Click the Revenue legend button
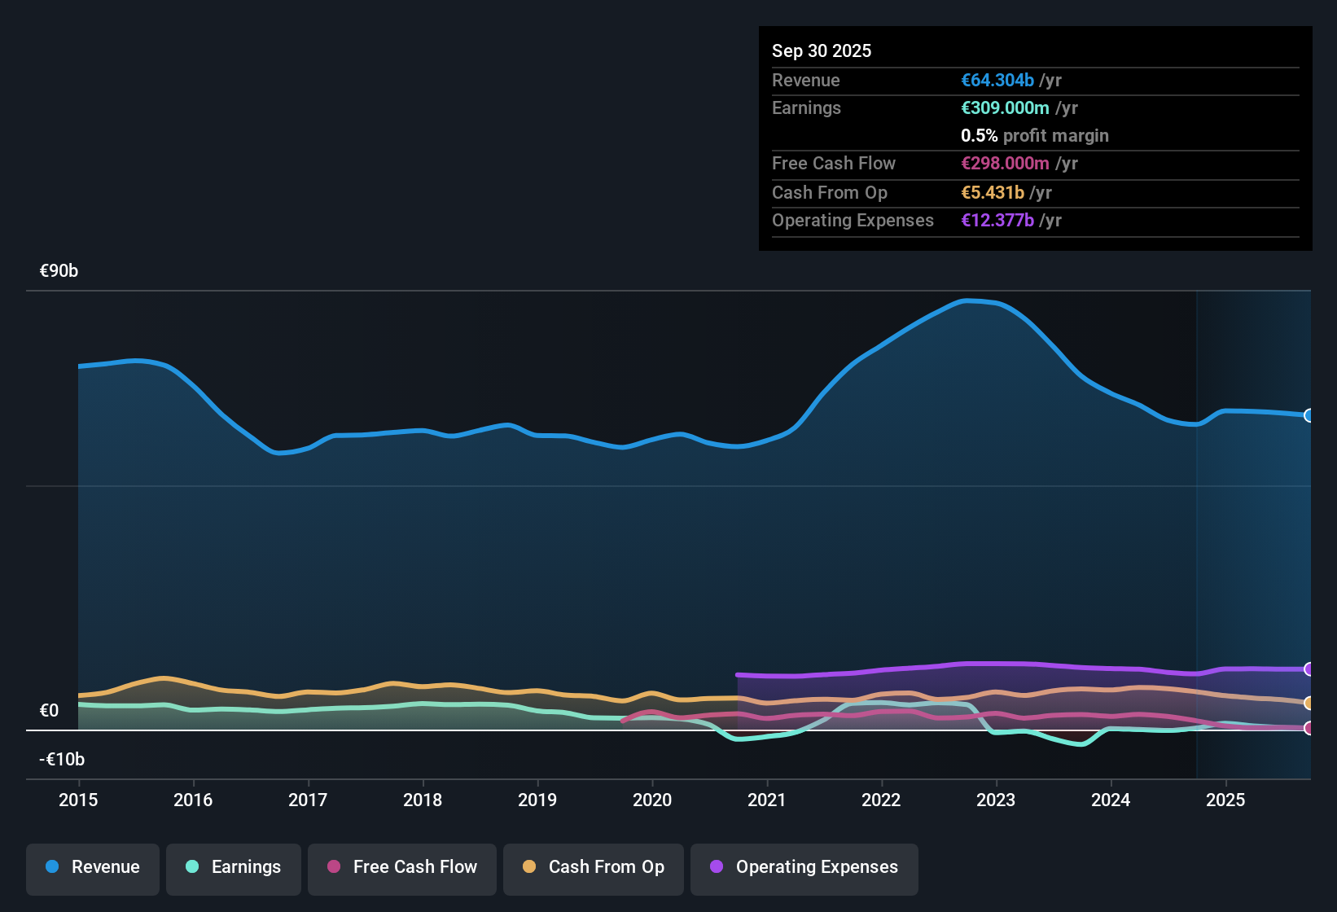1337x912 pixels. click(x=93, y=867)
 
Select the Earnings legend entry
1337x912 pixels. click(x=234, y=867)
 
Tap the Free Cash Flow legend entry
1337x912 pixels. click(x=402, y=867)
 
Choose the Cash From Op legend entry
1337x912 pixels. click(x=594, y=867)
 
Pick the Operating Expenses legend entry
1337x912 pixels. click(x=804, y=867)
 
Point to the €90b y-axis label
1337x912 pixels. click(x=59, y=271)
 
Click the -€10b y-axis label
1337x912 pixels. click(x=62, y=760)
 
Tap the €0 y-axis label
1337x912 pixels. click(x=49, y=711)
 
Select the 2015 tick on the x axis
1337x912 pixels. click(x=78, y=800)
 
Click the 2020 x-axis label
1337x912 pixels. click(x=652, y=800)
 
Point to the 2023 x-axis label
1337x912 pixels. click(x=996, y=800)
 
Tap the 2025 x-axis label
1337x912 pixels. click(x=1225, y=800)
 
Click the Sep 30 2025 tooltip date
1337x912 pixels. click(x=822, y=51)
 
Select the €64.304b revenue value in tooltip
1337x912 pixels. click(x=997, y=81)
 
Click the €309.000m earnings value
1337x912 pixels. click(x=1005, y=108)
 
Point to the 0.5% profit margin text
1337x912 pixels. click(x=1034, y=136)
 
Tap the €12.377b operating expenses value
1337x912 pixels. click(x=997, y=221)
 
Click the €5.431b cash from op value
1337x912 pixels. click(x=993, y=193)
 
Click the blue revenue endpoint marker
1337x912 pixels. click(x=1309, y=415)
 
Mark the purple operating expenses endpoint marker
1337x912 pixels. click(x=1309, y=669)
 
